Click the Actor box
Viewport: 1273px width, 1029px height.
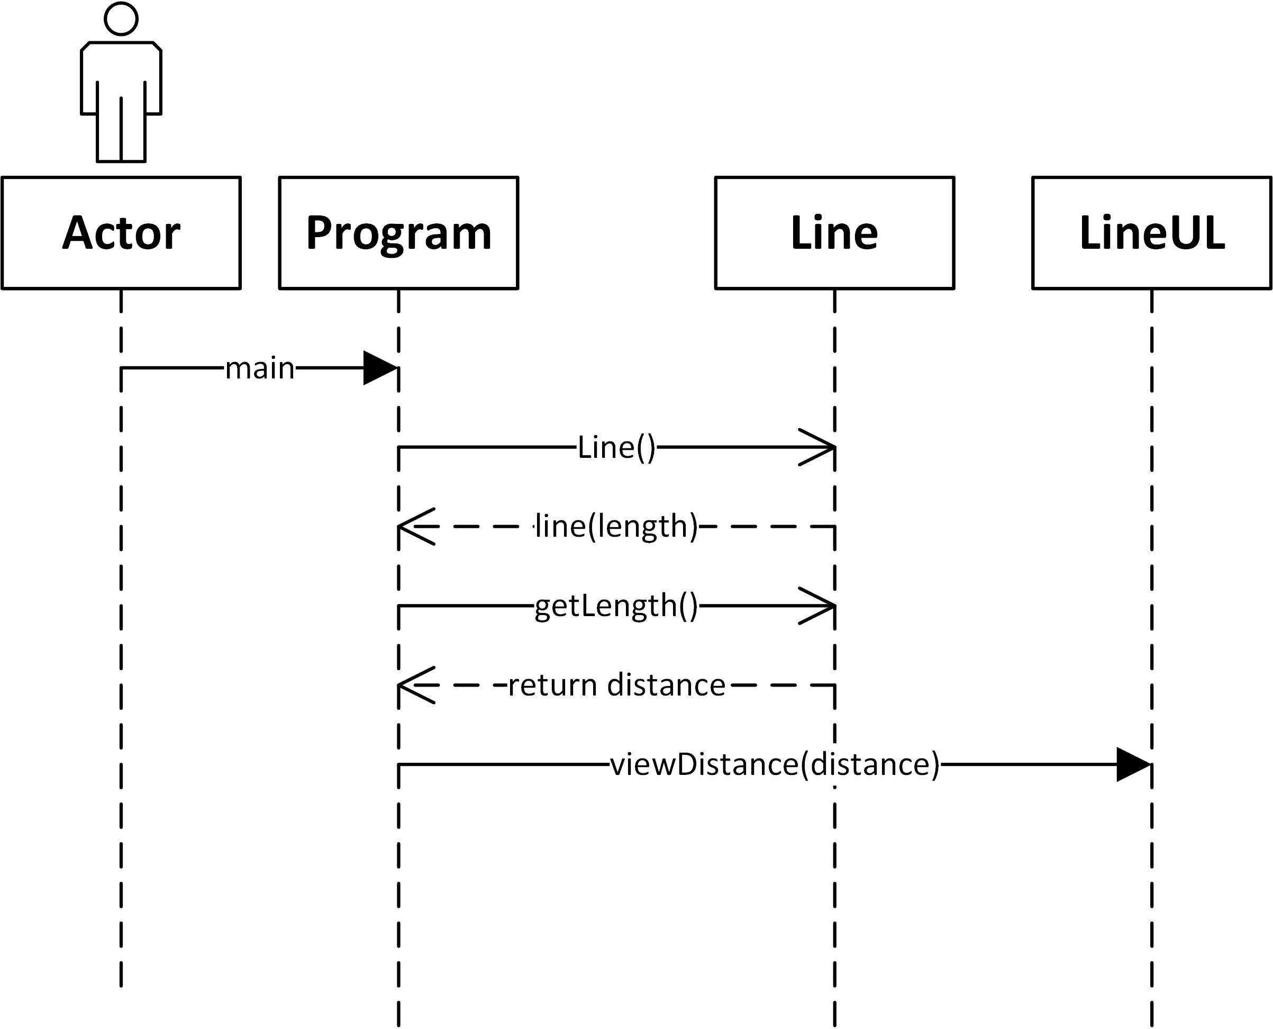coord(121,232)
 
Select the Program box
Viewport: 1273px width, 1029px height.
coord(398,232)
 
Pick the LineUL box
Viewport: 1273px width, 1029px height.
coord(1151,232)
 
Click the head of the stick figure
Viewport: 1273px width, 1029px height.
coord(121,19)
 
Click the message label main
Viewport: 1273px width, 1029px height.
coord(259,368)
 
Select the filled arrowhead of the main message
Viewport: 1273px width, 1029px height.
coord(380,368)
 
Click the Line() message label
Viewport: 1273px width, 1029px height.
coord(616,447)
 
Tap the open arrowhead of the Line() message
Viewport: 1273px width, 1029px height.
coord(821,447)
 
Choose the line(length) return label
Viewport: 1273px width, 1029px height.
coord(616,526)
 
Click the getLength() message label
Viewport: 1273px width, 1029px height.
coord(616,606)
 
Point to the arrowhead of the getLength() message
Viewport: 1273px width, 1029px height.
coord(821,606)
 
